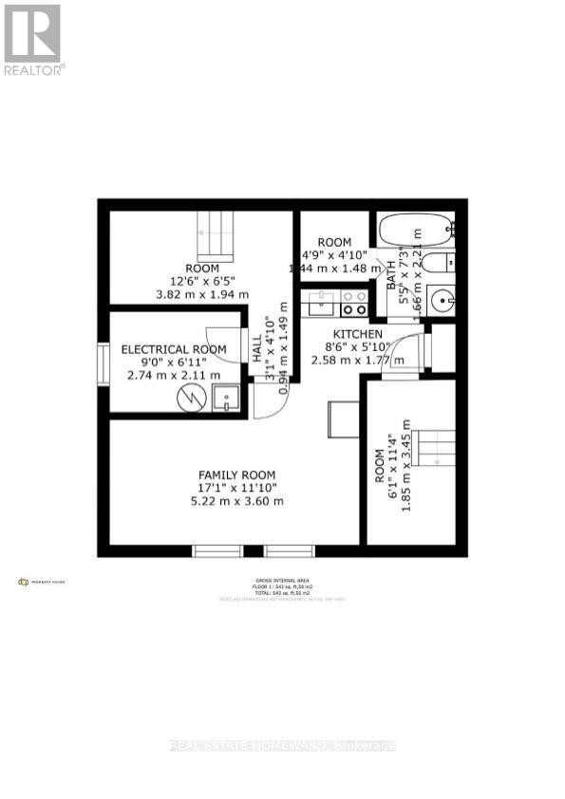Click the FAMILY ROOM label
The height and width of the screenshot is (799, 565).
tap(236, 474)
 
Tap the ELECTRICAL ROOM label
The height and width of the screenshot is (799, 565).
tap(174, 349)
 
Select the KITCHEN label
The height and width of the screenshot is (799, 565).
tap(357, 334)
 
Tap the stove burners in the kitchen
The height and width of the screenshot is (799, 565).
tap(354, 303)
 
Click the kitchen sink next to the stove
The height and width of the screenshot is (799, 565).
tap(320, 303)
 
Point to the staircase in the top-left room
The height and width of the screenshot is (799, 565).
tap(215, 235)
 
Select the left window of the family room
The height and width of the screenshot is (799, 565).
tap(217, 549)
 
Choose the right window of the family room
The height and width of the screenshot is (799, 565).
tap(289, 549)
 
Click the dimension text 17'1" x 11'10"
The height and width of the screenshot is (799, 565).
tap(237, 488)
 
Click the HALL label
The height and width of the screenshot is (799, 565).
tap(257, 351)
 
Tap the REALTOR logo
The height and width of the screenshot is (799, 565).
tap(33, 40)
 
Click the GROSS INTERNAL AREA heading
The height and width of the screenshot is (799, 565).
tap(282, 580)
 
